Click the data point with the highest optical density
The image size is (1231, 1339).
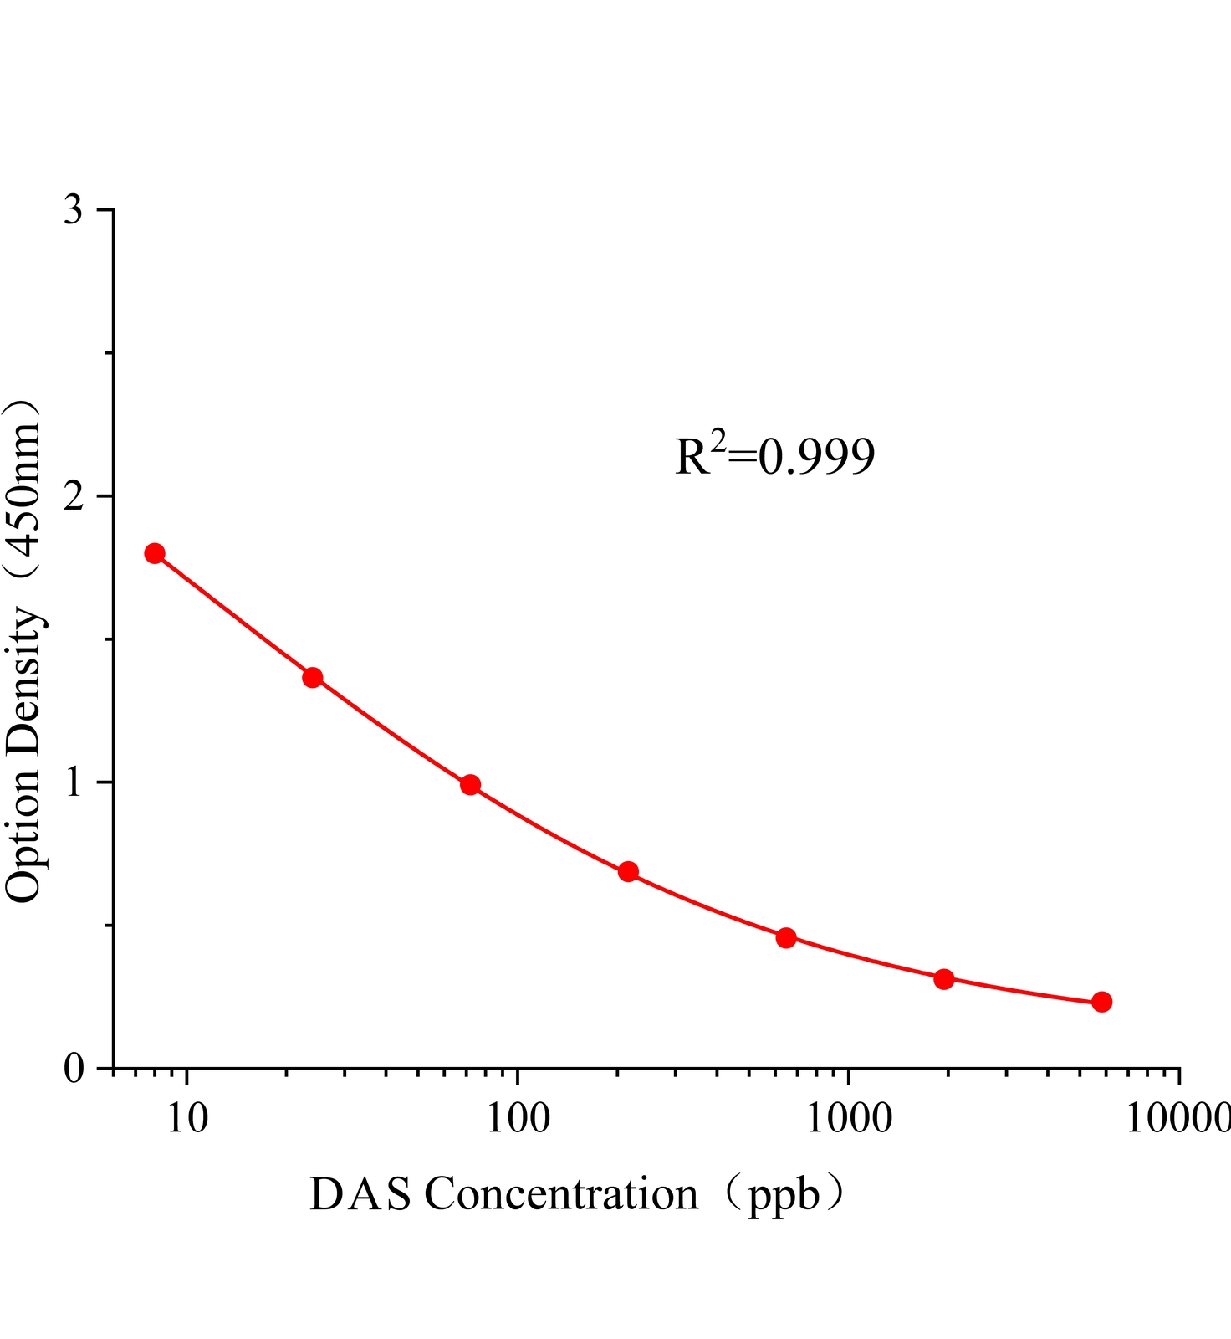coord(155,553)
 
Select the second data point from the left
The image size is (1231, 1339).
coord(313,677)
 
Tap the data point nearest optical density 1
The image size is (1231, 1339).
coord(470,784)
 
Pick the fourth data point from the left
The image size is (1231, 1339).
coord(628,872)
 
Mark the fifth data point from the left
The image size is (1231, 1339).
coord(786,937)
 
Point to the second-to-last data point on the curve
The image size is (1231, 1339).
coord(944,978)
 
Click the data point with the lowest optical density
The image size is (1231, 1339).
coord(1102,1002)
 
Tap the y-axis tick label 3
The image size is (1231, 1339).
coord(74,210)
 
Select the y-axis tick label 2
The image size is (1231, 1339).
coord(74,496)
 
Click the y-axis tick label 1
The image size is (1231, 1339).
coord(74,782)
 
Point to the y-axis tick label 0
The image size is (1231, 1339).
coord(74,1069)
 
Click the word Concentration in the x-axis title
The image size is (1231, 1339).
coord(561,1194)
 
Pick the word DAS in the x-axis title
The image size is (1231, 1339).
coord(360,1194)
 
